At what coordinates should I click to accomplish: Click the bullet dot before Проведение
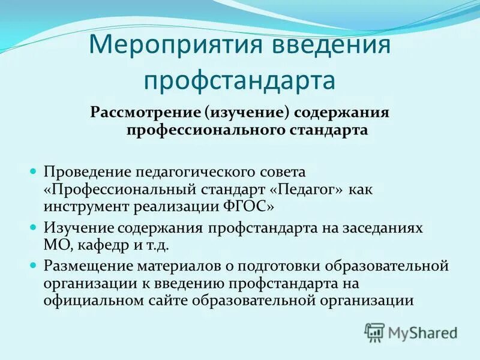coord(34,171)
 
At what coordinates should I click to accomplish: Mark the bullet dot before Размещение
coord(34,265)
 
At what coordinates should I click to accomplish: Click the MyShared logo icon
coord(374,332)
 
